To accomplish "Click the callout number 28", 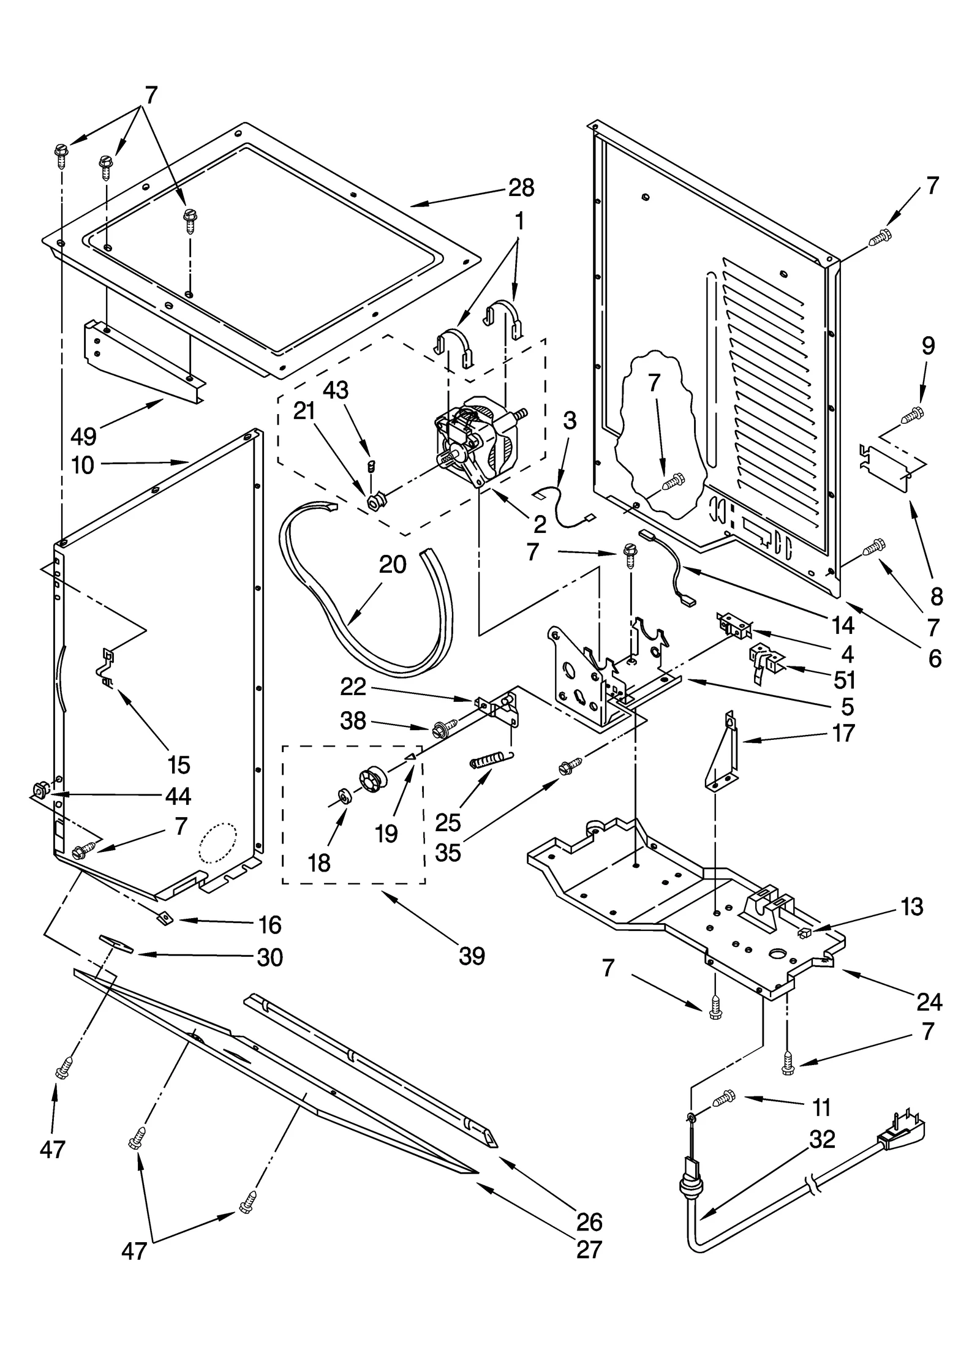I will coord(521,187).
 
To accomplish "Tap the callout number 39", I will coord(472,955).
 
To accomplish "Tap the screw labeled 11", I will coord(724,1098).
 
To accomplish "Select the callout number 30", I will coord(269,957).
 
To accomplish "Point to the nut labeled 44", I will coord(39,793).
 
